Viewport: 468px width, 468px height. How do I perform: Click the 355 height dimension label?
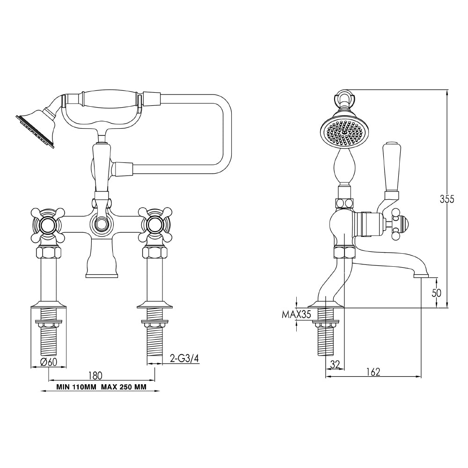(x=447, y=199)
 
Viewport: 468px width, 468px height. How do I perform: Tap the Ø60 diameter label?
(x=49, y=362)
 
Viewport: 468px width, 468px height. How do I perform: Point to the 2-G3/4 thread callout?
(x=184, y=359)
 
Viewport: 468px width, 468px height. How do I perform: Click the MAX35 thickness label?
(x=296, y=314)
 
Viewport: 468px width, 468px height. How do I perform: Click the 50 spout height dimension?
(x=436, y=293)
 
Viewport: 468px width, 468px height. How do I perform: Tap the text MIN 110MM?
(x=77, y=388)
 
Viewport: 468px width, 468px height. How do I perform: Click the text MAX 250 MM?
(x=127, y=388)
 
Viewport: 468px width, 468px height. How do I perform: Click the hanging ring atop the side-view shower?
(x=345, y=97)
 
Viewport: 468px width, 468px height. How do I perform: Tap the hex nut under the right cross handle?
(x=154, y=253)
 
